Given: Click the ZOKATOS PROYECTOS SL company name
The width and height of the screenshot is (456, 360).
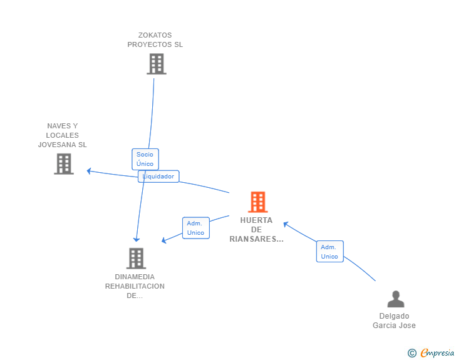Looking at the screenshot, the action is [155, 40].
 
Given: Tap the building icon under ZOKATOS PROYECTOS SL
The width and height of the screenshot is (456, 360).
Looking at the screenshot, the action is [157, 64].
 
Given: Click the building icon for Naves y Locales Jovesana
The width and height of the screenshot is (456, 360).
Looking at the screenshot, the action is [64, 164].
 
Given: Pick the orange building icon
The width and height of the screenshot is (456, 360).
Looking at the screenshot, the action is [258, 202].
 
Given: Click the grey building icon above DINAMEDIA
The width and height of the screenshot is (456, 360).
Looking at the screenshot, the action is [136, 258].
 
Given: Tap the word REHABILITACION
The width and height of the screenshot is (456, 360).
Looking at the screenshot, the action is [135, 286].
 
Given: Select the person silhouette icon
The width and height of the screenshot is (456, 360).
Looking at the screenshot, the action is [396, 299].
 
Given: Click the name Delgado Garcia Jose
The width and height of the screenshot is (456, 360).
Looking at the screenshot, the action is [395, 321].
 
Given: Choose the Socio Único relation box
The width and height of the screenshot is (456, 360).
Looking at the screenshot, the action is [145, 159].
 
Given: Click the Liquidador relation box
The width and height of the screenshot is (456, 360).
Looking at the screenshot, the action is [158, 176].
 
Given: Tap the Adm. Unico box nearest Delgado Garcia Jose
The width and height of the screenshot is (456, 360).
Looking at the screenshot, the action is [329, 252].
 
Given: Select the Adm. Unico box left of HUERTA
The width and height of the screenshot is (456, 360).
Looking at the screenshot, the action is [196, 228].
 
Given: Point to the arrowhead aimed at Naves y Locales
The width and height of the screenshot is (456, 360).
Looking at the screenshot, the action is [89, 172].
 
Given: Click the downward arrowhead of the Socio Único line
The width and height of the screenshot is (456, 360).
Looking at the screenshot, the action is [137, 240].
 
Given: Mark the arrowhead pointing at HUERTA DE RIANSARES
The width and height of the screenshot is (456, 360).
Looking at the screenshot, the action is [286, 224].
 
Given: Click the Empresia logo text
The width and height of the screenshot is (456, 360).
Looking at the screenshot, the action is [437, 353].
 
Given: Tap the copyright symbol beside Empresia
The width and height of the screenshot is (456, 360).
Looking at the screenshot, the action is [412, 353].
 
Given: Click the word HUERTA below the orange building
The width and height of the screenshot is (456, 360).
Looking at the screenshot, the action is [256, 220].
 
